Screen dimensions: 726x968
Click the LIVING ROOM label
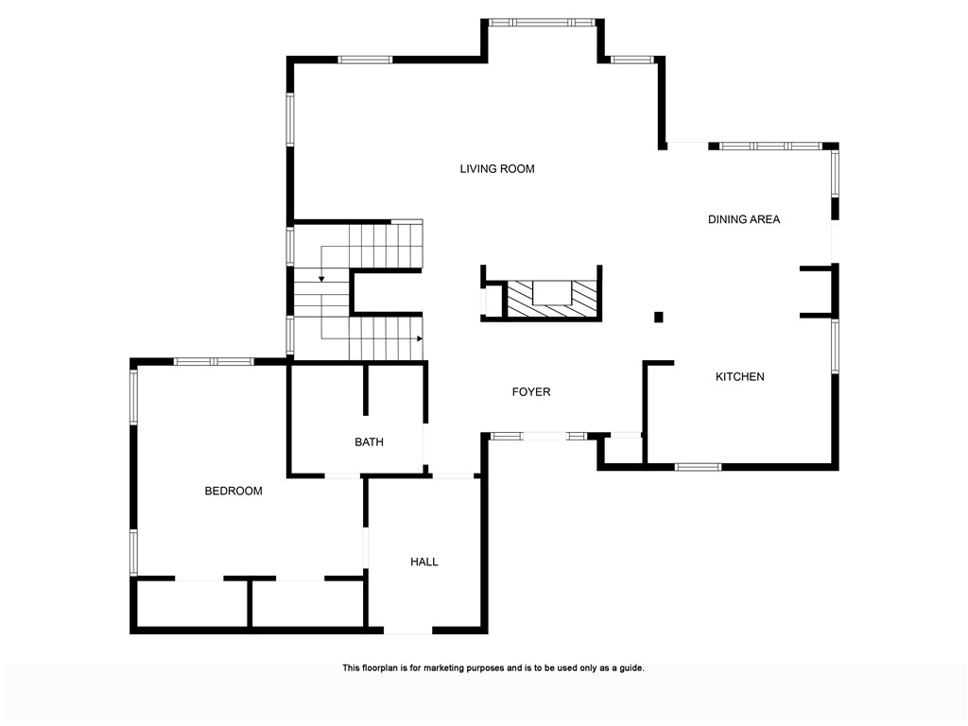coord(497,169)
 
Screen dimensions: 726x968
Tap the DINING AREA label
coord(744,219)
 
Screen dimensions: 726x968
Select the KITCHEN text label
coord(739,376)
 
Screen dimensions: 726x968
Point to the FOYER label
coord(531,391)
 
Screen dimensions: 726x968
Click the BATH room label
coord(369,441)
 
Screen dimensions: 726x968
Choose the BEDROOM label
coord(233,491)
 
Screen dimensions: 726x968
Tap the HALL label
coord(424,562)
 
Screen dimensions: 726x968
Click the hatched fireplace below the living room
coord(552,298)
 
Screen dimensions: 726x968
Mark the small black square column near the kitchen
coord(659,317)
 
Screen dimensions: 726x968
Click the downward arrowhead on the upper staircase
coord(321,279)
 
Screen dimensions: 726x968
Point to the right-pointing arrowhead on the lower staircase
coord(418,337)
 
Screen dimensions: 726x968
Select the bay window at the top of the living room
coord(542,22)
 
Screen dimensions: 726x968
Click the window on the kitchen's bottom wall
coord(698,466)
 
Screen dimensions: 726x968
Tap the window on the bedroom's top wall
coord(213,360)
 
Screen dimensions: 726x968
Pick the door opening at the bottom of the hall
coord(407,631)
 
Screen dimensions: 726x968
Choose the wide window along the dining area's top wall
coord(770,147)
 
